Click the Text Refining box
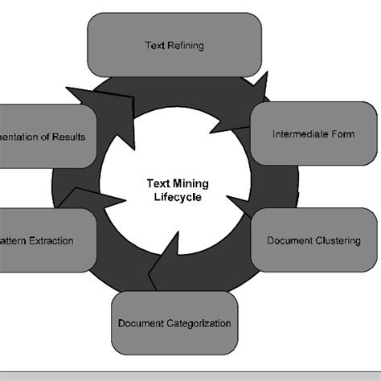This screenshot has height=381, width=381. click(x=174, y=45)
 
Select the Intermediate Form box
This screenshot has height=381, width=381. click(x=313, y=133)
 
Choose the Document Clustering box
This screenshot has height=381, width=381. click(x=313, y=240)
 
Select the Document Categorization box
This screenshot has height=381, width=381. click(x=174, y=323)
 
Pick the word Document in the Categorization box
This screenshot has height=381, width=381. click(x=137, y=323)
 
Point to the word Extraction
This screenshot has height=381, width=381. click(x=52, y=240)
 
